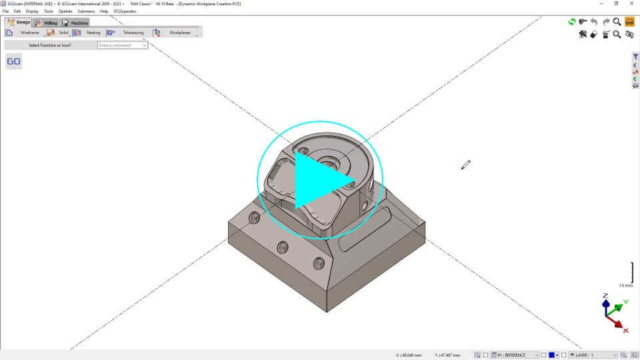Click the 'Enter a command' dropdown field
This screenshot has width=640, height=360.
point(123,45)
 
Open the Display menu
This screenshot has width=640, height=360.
point(32,11)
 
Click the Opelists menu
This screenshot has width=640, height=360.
point(65,11)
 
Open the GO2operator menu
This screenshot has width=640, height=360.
point(125,11)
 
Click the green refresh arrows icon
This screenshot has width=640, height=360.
point(572,22)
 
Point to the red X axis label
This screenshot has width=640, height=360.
point(626,331)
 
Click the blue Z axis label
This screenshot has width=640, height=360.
point(605,295)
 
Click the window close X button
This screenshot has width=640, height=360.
point(631,3)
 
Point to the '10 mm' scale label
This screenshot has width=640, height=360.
point(625,285)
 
